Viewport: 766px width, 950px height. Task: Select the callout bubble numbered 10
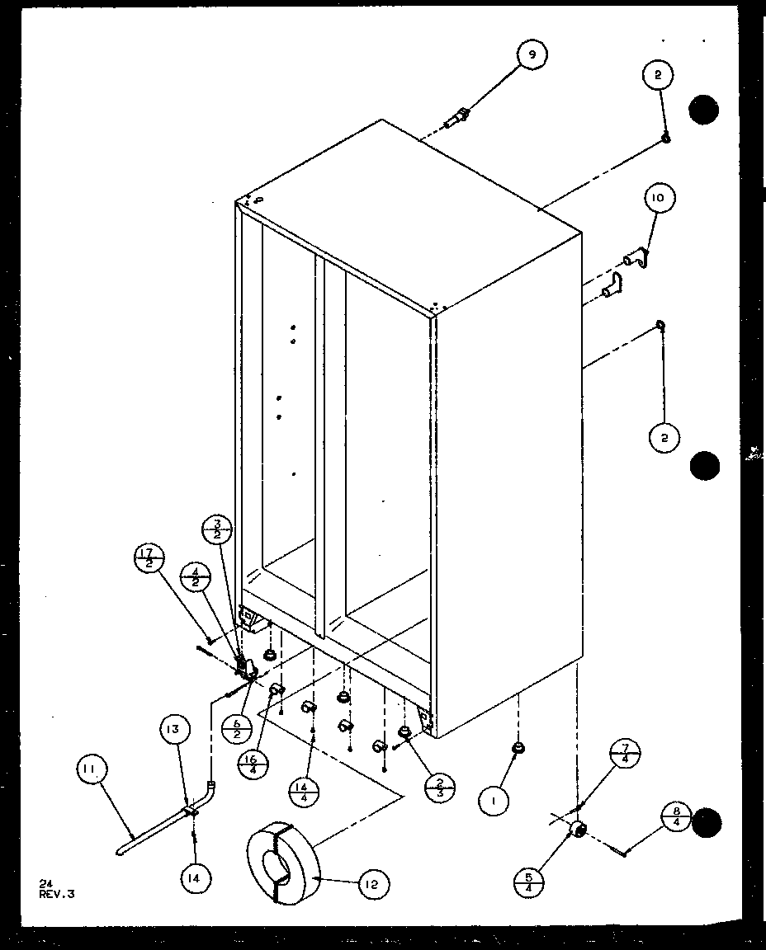click(661, 198)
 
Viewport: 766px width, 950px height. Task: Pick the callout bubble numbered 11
click(91, 771)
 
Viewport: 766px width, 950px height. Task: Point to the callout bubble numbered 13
click(176, 729)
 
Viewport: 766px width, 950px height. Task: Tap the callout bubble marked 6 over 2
click(237, 728)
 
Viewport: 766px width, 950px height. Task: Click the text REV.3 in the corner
click(56, 892)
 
